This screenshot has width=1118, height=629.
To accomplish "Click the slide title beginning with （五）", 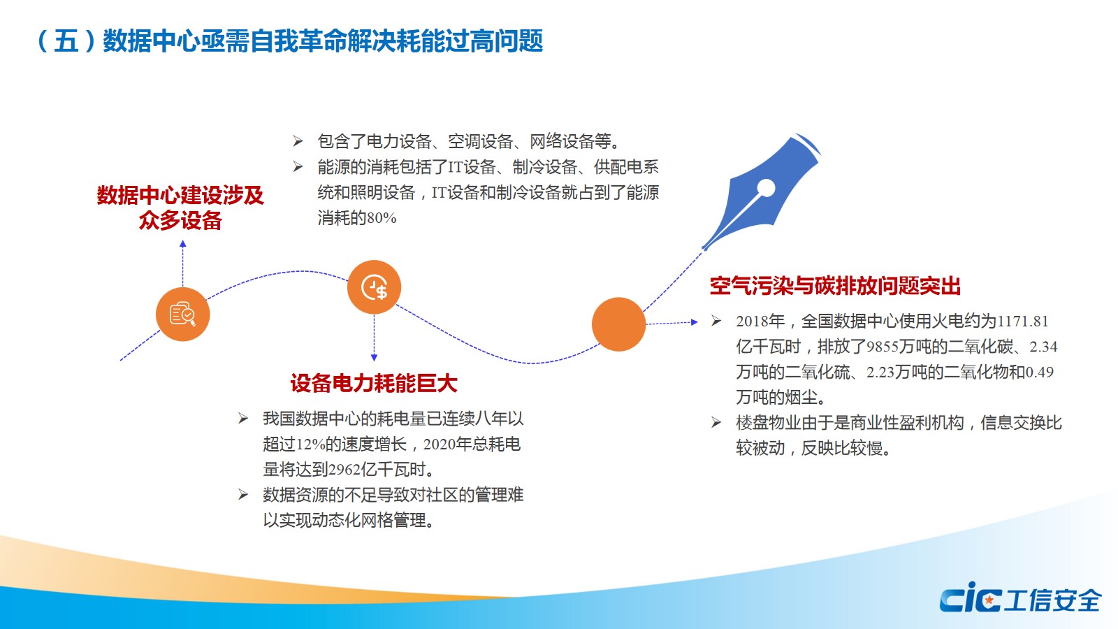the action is pyautogui.click(x=290, y=41).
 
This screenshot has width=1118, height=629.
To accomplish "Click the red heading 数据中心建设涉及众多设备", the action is pyautogui.click(x=180, y=208).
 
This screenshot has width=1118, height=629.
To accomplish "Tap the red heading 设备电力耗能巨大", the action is pyautogui.click(x=374, y=384).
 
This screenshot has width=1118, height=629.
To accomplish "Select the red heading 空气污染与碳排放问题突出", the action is pyautogui.click(x=835, y=286).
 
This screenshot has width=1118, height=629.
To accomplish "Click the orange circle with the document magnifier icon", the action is pyautogui.click(x=182, y=314).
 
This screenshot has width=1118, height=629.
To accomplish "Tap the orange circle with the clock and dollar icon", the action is pyautogui.click(x=374, y=287).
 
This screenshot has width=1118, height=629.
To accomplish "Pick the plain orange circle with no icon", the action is pyautogui.click(x=618, y=324).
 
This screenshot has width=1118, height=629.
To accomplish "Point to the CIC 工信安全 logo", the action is pyautogui.click(x=1020, y=598).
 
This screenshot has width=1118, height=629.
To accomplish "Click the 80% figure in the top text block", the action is pyautogui.click(x=382, y=218).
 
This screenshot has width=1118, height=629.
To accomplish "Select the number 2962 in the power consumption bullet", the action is pyautogui.click(x=344, y=470).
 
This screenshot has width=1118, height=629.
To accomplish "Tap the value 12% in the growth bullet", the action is pyautogui.click(x=310, y=444).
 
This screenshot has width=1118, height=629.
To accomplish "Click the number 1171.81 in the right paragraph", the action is pyautogui.click(x=1022, y=321).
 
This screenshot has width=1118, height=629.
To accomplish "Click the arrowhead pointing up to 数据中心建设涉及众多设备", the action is pyautogui.click(x=182, y=244).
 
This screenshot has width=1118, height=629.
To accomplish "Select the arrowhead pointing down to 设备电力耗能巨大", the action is pyautogui.click(x=374, y=357).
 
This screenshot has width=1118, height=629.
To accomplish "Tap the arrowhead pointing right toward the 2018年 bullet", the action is pyautogui.click(x=695, y=322).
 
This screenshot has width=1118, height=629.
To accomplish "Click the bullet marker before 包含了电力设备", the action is pyautogui.click(x=298, y=141).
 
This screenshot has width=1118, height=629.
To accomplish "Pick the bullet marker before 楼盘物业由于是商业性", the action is pyautogui.click(x=716, y=423).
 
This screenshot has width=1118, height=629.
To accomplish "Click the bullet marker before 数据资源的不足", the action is pyautogui.click(x=243, y=495).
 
